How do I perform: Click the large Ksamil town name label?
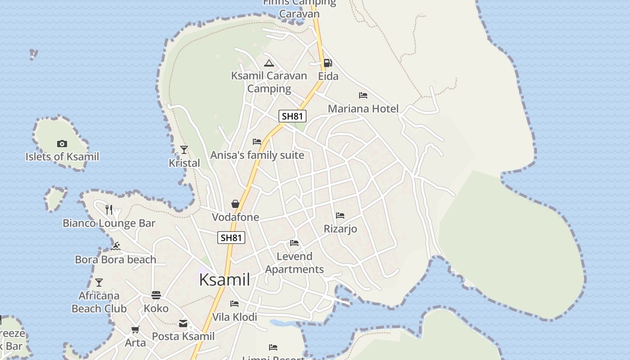[x=225, y=280]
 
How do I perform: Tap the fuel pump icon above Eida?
[x=328, y=63]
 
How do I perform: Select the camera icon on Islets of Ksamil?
[x=62, y=144]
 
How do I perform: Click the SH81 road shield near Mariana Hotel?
[x=292, y=116]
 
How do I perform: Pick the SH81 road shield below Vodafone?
[x=231, y=238]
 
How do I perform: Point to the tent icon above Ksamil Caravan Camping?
[x=269, y=63]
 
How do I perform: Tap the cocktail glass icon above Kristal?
[x=184, y=149]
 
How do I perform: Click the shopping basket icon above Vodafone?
[x=235, y=204]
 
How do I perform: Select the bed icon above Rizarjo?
[x=340, y=216]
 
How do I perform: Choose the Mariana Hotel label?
[x=363, y=108]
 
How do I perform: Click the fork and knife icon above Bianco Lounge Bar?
[x=109, y=209]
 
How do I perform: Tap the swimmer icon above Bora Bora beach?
[x=116, y=246]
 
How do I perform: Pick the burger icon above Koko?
[x=156, y=295]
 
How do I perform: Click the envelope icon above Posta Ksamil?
[x=183, y=323]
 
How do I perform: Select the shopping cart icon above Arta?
[x=135, y=329]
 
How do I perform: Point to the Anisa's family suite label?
[x=257, y=155]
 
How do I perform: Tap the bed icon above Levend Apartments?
[x=294, y=243]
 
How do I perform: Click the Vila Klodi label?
[x=234, y=317]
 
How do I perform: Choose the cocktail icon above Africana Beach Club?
[x=99, y=283]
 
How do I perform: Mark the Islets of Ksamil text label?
[x=62, y=157]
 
